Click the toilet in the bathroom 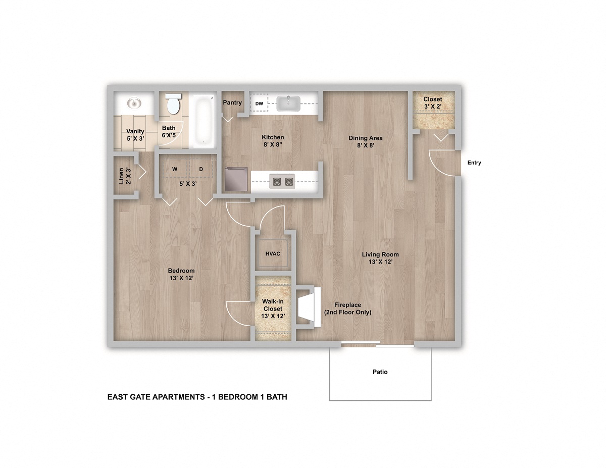(x=173, y=105)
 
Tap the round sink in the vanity (x=133, y=104)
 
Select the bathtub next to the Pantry (x=203, y=120)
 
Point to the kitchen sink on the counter (x=288, y=103)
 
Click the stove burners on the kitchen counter (x=282, y=181)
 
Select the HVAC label (x=273, y=253)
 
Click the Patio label (x=380, y=372)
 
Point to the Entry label (x=474, y=163)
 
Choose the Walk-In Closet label (x=273, y=308)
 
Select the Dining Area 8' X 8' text (x=365, y=141)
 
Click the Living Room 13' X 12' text (x=380, y=258)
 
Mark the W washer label (x=174, y=169)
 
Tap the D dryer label (x=200, y=169)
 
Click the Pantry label (x=232, y=102)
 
